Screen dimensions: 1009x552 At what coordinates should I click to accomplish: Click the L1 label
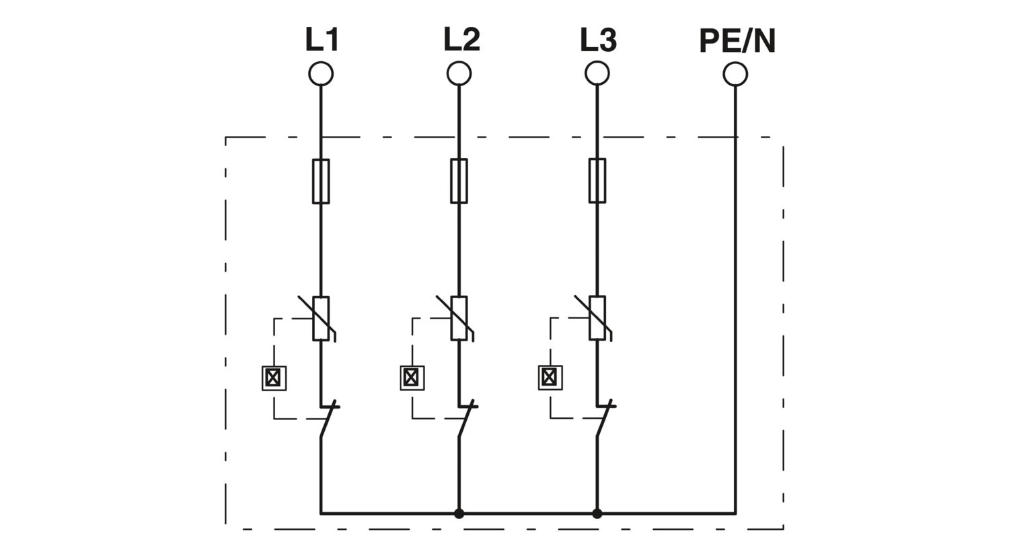tap(322, 40)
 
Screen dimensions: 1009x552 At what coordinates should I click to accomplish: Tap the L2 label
tap(461, 40)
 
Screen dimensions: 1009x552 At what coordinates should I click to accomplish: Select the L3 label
tap(599, 40)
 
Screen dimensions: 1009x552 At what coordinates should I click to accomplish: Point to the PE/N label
tap(737, 41)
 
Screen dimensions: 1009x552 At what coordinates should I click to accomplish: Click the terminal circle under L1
tap(321, 73)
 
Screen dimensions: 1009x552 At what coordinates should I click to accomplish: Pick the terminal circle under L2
tap(459, 73)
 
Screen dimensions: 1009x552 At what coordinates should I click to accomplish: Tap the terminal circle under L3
tap(597, 73)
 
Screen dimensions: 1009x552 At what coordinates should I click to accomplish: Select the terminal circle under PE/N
tap(736, 74)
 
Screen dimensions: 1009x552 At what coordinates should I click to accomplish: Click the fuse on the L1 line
tap(321, 181)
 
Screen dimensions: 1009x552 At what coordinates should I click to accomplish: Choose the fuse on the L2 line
tap(459, 181)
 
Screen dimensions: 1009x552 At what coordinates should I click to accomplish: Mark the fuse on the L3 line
tap(597, 181)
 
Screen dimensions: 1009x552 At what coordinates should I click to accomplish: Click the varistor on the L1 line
tap(321, 318)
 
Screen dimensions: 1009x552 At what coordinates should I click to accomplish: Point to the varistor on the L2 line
tap(459, 318)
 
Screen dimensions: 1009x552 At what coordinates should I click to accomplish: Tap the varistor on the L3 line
tap(597, 318)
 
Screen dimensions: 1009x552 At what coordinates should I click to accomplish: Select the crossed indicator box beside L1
tap(274, 378)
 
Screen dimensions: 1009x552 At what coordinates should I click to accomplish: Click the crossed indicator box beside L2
tap(412, 378)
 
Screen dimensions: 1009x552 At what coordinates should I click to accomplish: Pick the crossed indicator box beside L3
tap(550, 378)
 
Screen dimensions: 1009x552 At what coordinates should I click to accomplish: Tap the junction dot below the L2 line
tap(459, 513)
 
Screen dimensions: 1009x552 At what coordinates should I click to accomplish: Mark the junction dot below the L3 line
tap(597, 513)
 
